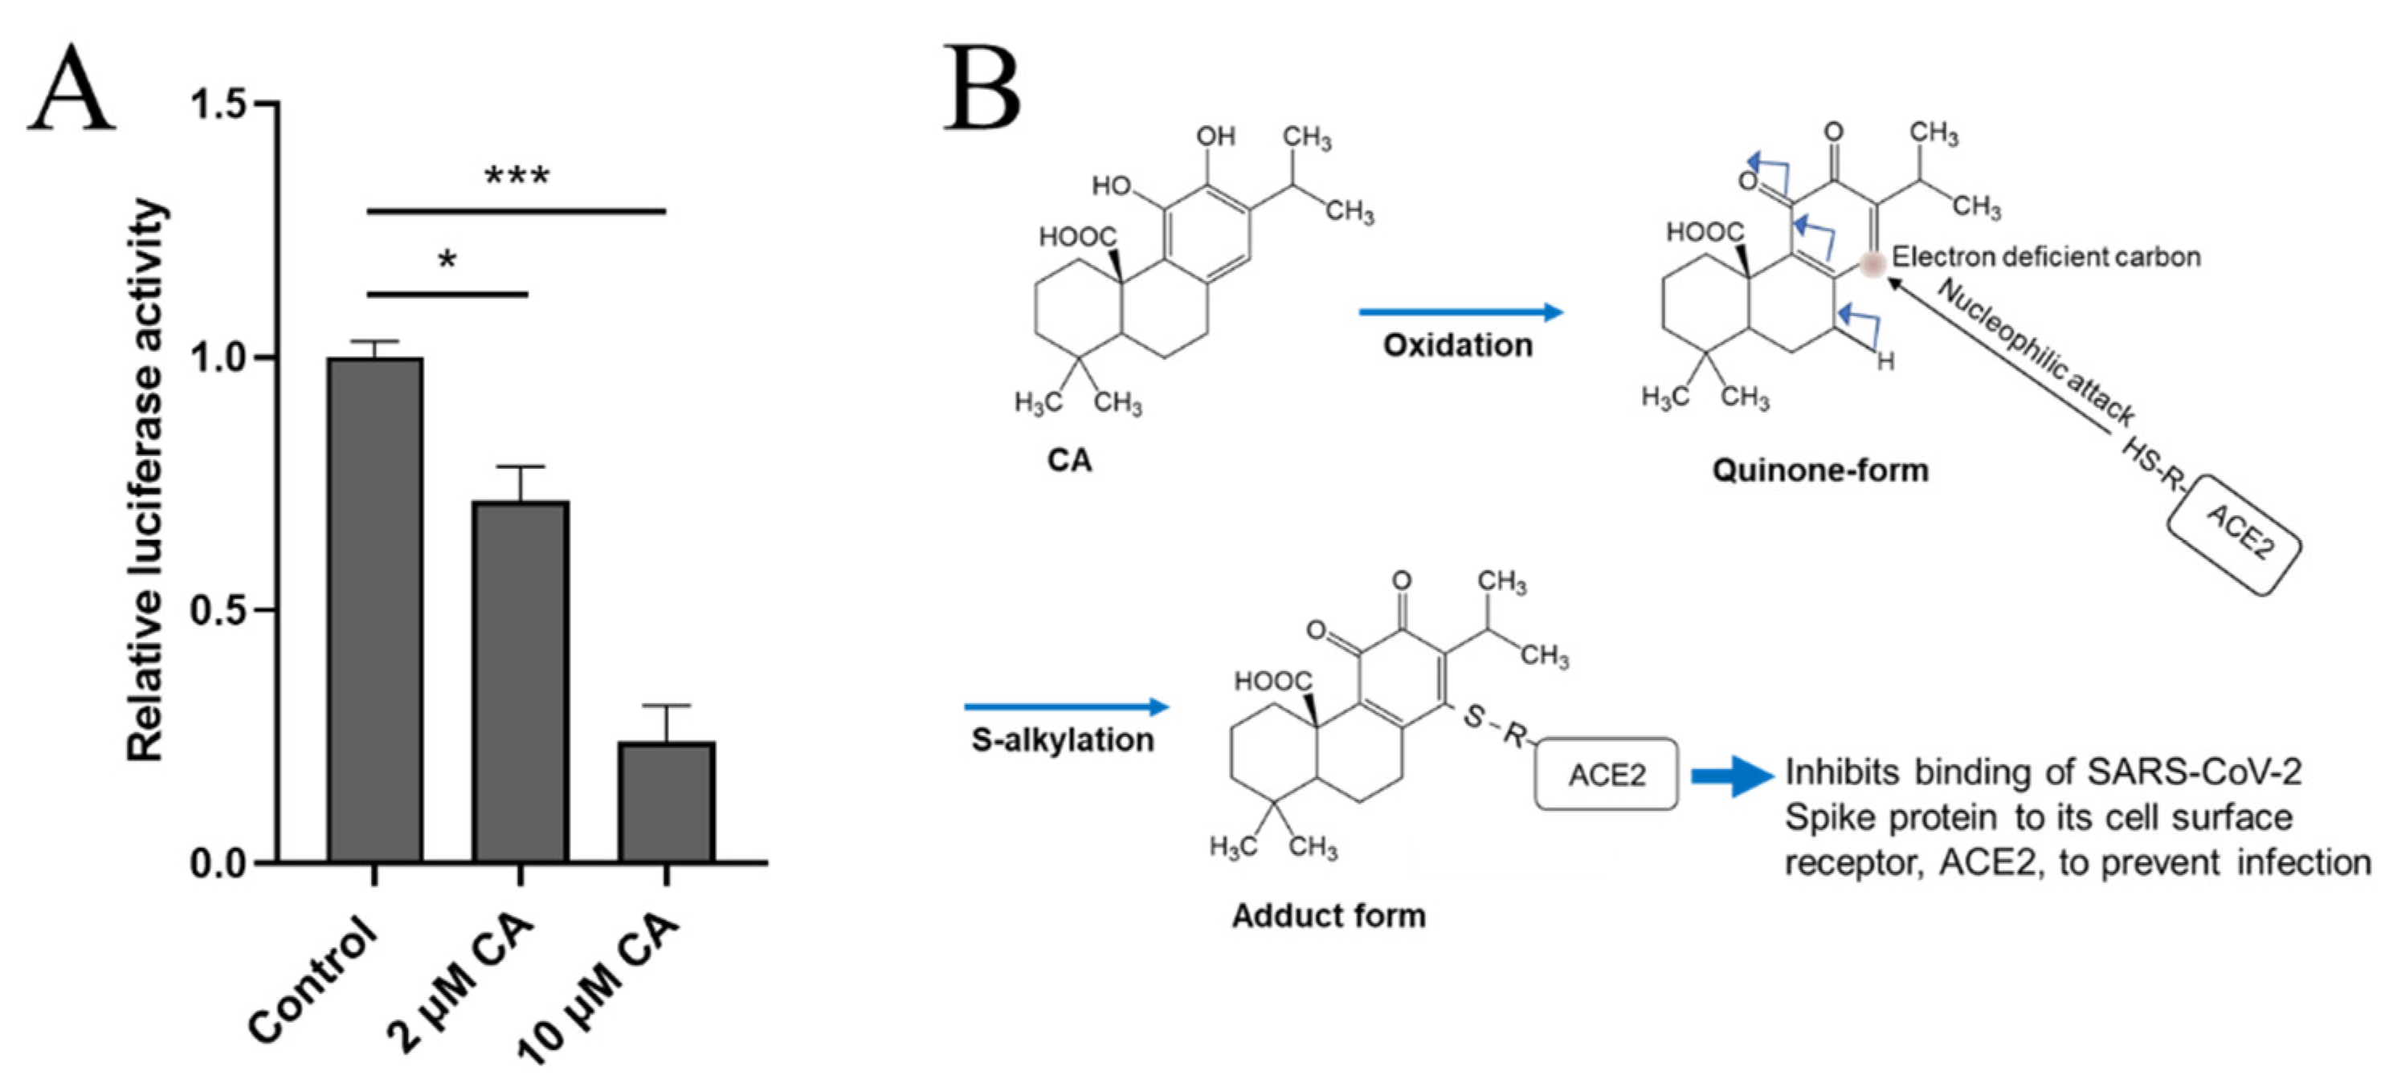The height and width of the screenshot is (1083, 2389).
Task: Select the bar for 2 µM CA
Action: tap(521, 682)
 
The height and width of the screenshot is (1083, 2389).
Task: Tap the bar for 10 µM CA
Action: tap(666, 802)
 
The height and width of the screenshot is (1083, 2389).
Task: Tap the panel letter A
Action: tap(71, 91)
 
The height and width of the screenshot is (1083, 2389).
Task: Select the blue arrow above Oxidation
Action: tap(1460, 312)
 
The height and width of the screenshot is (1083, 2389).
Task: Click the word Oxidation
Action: tap(1458, 345)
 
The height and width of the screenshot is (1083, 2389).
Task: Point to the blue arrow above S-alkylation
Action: tap(1067, 707)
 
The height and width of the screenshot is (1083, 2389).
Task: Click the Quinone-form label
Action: tap(1819, 470)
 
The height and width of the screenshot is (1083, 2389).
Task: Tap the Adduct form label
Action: tap(1328, 915)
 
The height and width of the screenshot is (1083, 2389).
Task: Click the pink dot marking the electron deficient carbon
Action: tap(1872, 264)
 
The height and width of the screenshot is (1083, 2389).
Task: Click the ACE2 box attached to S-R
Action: tap(1607, 774)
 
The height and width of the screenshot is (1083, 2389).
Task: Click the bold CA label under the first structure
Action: tap(1069, 460)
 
